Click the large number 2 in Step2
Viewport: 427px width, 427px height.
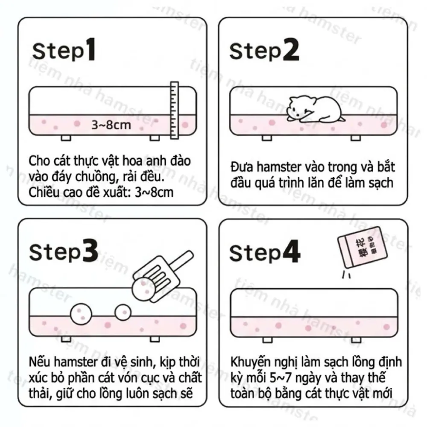(291, 49)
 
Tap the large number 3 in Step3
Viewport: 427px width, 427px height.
(90, 251)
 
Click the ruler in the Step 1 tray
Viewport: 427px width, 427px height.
(174, 110)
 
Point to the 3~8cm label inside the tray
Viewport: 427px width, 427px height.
(111, 125)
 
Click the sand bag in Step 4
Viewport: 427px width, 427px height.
(362, 247)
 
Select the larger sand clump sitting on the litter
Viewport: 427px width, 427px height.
(81, 314)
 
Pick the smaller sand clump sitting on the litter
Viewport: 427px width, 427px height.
(123, 313)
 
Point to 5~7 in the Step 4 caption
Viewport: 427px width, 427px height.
(281, 378)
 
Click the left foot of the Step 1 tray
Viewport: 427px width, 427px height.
(66, 138)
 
